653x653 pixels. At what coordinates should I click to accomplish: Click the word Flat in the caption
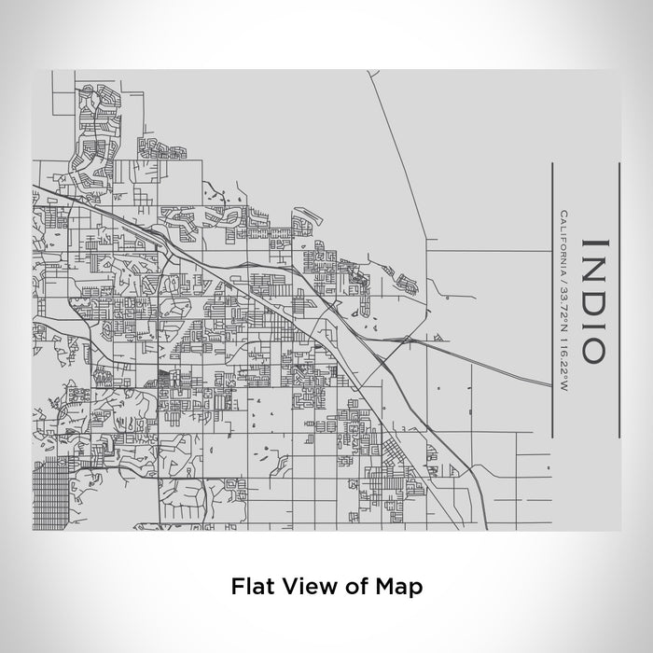251,587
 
